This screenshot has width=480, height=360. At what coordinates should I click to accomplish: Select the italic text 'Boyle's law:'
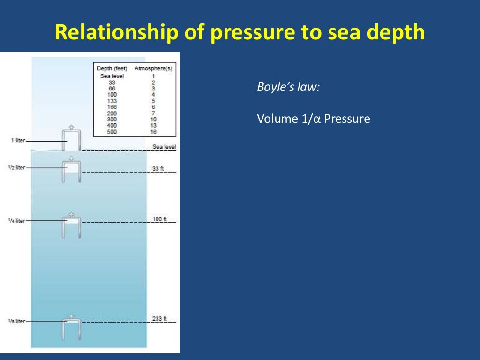coord(288,87)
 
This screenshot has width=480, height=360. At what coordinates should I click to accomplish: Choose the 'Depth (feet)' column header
coord(112,68)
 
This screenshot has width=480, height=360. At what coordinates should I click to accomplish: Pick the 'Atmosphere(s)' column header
coord(153,68)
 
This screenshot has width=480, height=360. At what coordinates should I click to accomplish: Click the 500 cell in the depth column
coord(112,132)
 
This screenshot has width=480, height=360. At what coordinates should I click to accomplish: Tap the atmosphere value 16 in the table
coord(153,132)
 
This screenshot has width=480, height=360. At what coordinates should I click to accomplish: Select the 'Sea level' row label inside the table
coord(112,76)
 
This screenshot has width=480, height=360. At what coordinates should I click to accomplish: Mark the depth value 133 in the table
coord(112,101)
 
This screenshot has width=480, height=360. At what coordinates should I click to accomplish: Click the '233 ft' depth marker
coord(159,319)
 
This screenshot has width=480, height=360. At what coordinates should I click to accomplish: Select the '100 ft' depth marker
coord(159,219)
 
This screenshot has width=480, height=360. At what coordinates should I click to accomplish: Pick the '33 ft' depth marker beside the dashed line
coord(158,169)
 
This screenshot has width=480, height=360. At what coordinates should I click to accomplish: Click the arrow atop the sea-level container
coord(71,127)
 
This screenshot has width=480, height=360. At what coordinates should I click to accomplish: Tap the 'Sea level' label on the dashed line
coord(164,147)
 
